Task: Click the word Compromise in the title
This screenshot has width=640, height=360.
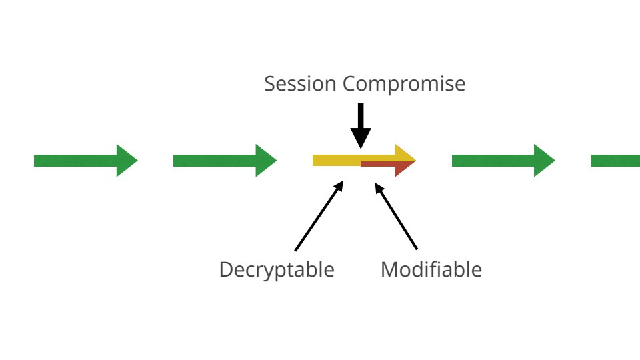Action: (x=404, y=85)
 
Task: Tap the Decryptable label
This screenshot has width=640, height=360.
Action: (x=277, y=269)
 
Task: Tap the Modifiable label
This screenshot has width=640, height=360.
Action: (x=431, y=269)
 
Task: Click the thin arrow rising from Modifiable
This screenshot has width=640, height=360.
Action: (x=396, y=217)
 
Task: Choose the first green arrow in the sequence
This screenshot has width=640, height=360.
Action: (x=85, y=160)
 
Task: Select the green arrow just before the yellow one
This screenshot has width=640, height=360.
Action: (x=225, y=160)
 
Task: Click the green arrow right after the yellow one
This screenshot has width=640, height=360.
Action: (x=503, y=160)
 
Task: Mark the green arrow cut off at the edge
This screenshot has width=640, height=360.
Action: (x=615, y=160)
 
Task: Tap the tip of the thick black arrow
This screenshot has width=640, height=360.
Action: (x=361, y=146)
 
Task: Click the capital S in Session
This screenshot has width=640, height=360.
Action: (x=270, y=84)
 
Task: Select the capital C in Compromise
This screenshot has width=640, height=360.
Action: (x=349, y=84)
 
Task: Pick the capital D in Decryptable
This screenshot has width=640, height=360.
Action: (x=226, y=269)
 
